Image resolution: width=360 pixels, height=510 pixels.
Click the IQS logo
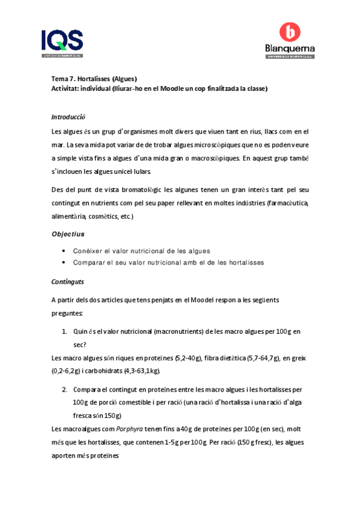point(62,43)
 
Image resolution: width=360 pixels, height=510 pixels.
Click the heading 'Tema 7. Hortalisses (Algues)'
point(94,78)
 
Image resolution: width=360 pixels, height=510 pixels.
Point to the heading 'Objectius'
point(68,234)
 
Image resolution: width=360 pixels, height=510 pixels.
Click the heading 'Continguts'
point(68,281)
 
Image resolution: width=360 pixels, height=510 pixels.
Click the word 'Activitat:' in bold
point(67,88)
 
